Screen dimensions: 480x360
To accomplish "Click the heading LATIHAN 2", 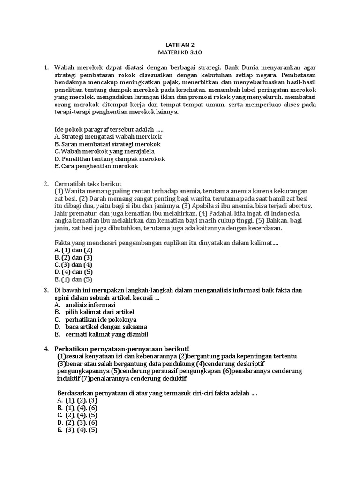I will [180, 45].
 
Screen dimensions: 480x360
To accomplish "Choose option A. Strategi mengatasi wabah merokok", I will [108, 137].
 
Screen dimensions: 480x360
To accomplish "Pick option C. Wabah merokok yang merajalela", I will [104, 152].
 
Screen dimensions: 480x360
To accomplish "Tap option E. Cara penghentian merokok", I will [97, 166].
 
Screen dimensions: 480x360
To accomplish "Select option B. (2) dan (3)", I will [74, 257].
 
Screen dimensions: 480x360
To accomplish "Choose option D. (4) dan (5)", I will [74, 272].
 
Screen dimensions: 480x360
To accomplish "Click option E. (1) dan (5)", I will [74, 279].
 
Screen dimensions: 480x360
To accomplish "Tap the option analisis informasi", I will [90, 305].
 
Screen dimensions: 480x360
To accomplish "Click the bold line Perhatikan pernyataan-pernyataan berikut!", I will [122, 349].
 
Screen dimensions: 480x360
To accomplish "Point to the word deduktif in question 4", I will [172, 378].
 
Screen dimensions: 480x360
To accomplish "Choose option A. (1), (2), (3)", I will [77, 400].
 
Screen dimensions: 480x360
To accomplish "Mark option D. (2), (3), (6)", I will [77, 422].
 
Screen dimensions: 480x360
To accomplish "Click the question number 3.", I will [46, 290].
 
